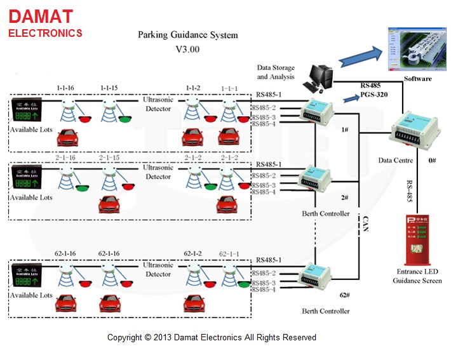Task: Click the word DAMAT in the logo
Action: pos(41,16)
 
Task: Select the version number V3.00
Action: pos(187,48)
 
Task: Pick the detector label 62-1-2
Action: pos(193,253)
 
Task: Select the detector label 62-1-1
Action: pos(229,253)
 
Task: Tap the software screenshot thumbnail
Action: pos(414,50)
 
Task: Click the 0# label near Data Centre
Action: pos(432,161)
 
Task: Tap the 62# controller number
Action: pos(344,295)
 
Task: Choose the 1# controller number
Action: pos(345,130)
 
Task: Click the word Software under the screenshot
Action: pos(417,79)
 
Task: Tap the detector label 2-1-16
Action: pos(66,157)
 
